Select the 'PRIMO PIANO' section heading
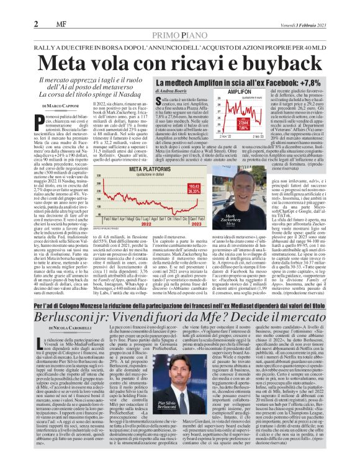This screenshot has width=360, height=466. tap(180, 19)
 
